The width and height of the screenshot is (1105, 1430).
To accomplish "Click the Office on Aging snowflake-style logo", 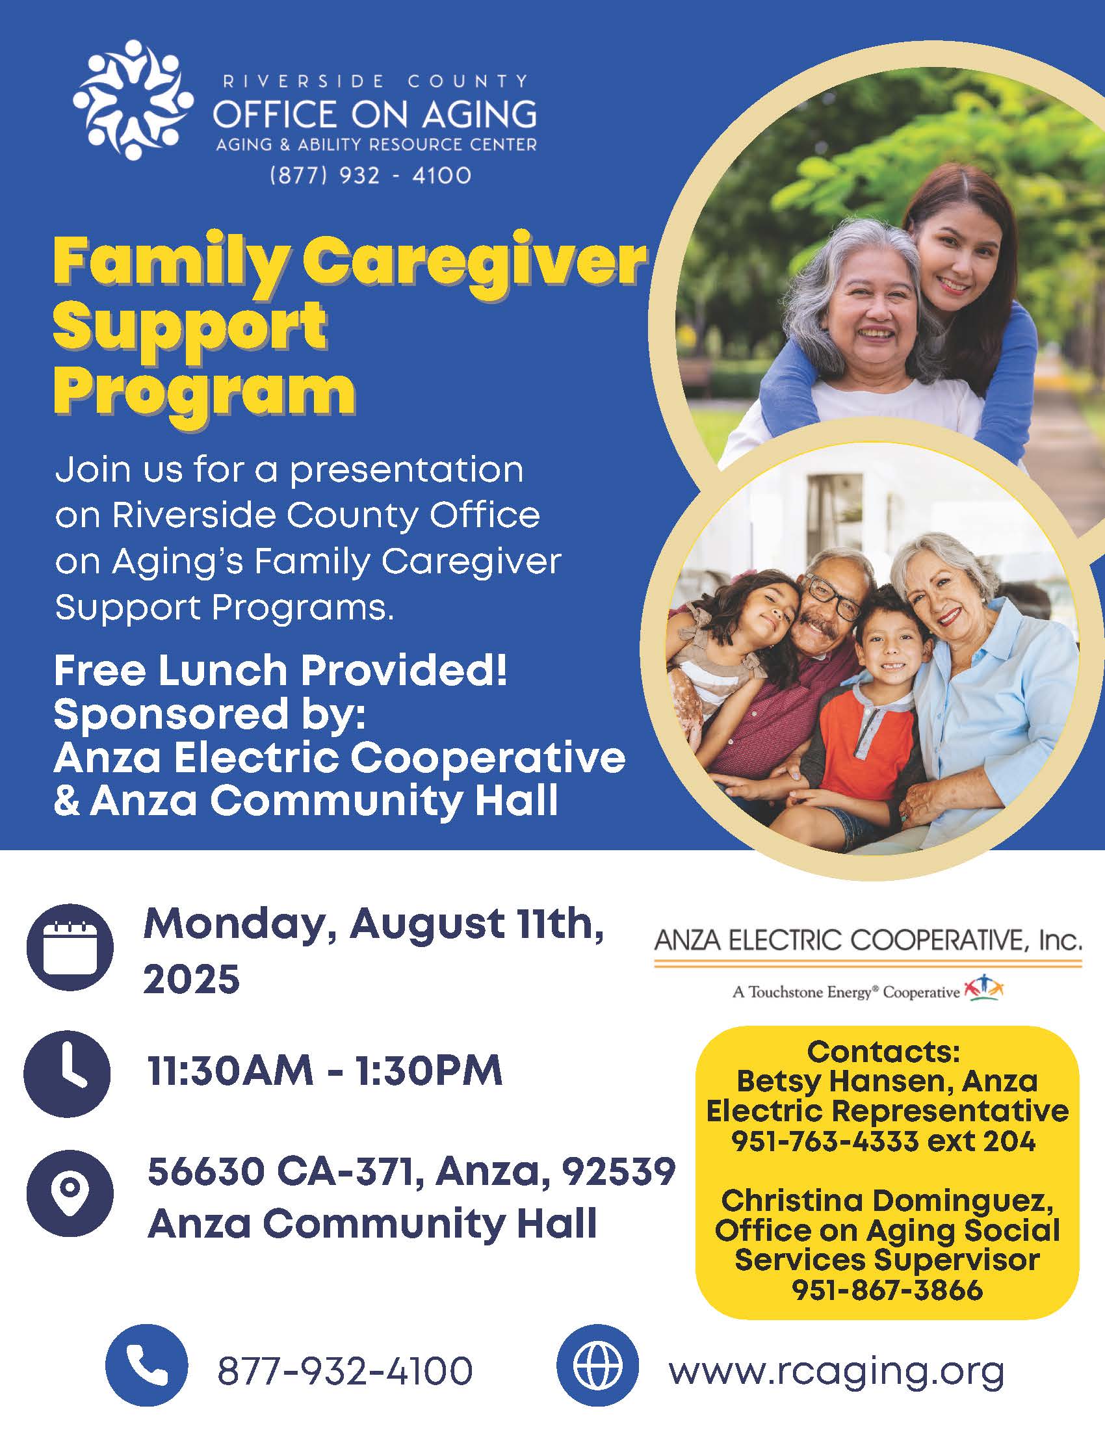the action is [133, 100].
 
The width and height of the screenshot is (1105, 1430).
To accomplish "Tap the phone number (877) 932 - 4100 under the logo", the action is [370, 175].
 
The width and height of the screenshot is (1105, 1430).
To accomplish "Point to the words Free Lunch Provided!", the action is [281, 671].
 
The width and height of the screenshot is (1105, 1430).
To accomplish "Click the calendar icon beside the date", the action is [70, 946].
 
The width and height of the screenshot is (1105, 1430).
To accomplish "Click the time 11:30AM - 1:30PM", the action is [325, 1072].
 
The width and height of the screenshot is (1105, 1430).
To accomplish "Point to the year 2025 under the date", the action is [192, 980].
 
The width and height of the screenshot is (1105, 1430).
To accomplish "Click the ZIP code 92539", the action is [619, 1171].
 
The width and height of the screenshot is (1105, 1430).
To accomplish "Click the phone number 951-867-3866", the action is [887, 1290].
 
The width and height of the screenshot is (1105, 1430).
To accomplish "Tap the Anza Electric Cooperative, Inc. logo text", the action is [868, 942].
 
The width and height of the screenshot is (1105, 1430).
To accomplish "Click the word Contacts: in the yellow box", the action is [884, 1052].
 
